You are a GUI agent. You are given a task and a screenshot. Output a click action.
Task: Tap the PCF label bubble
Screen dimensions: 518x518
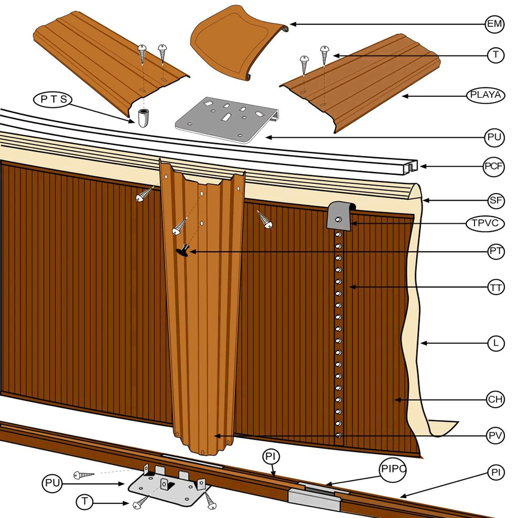pyautogui.click(x=493, y=167)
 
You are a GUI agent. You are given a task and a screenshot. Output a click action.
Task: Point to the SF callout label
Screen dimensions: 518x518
pyautogui.click(x=496, y=199)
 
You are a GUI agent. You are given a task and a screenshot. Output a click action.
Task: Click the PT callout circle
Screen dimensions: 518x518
pyautogui.click(x=496, y=252)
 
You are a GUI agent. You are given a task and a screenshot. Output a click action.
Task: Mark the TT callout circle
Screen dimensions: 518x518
pyautogui.click(x=496, y=287)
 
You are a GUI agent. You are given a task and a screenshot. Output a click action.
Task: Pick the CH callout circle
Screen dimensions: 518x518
pyautogui.click(x=496, y=399)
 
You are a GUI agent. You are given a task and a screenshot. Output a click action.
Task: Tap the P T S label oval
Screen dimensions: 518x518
pyautogui.click(x=52, y=99)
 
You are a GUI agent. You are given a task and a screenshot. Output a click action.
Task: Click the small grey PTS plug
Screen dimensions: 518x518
pyautogui.click(x=143, y=118)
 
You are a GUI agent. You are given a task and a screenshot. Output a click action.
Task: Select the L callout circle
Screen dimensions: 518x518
pyautogui.click(x=496, y=343)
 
